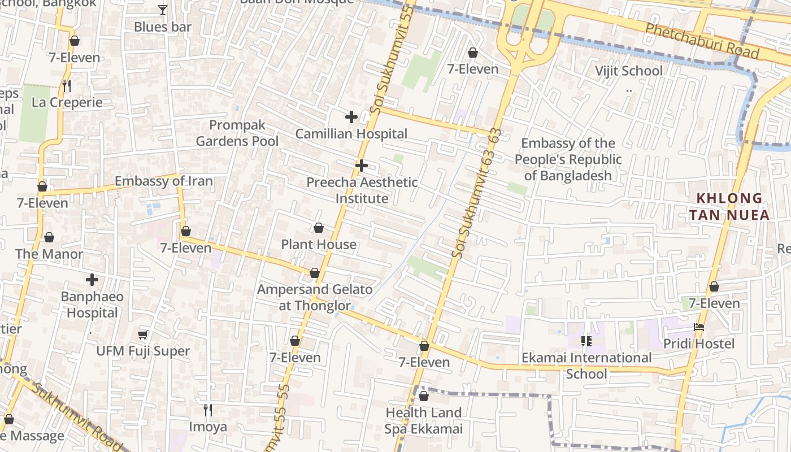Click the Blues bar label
pos(163,27)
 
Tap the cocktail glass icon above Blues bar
pos(163,10)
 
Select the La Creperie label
pos(67,102)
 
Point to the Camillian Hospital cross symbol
pos(351,117)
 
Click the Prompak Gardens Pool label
pos(237,133)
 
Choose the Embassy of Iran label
pos(164,181)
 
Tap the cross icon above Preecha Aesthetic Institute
pos(362,166)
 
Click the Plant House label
pos(319,244)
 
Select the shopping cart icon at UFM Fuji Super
pos(143,334)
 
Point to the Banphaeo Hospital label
pos(92,305)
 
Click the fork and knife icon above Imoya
pos(208,410)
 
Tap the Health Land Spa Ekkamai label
pos(424,420)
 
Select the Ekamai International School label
pos(586,366)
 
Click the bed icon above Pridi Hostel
pos(699,327)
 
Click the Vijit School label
pos(629,71)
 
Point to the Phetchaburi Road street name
pos(702,41)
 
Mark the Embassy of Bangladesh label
pos(568,159)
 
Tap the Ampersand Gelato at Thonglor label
pos(315,297)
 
